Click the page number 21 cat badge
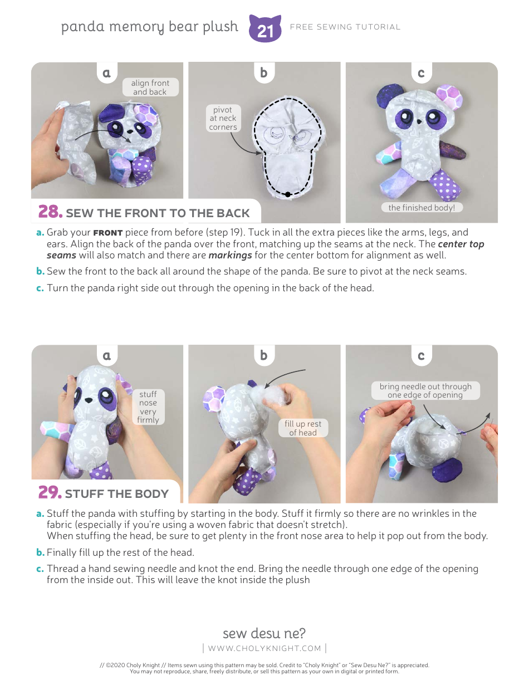tap(265, 29)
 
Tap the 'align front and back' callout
tap(150, 87)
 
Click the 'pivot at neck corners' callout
tap(223, 118)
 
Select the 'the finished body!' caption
tap(422, 208)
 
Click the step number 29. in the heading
tap(50, 493)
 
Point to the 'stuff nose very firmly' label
tap(148, 407)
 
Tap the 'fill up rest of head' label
tap(303, 428)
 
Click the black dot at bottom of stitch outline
tap(287, 194)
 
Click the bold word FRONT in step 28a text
tap(107, 233)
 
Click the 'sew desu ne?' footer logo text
tap(264, 633)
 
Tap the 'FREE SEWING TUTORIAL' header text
tap(345, 27)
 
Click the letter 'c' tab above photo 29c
tap(421, 355)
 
